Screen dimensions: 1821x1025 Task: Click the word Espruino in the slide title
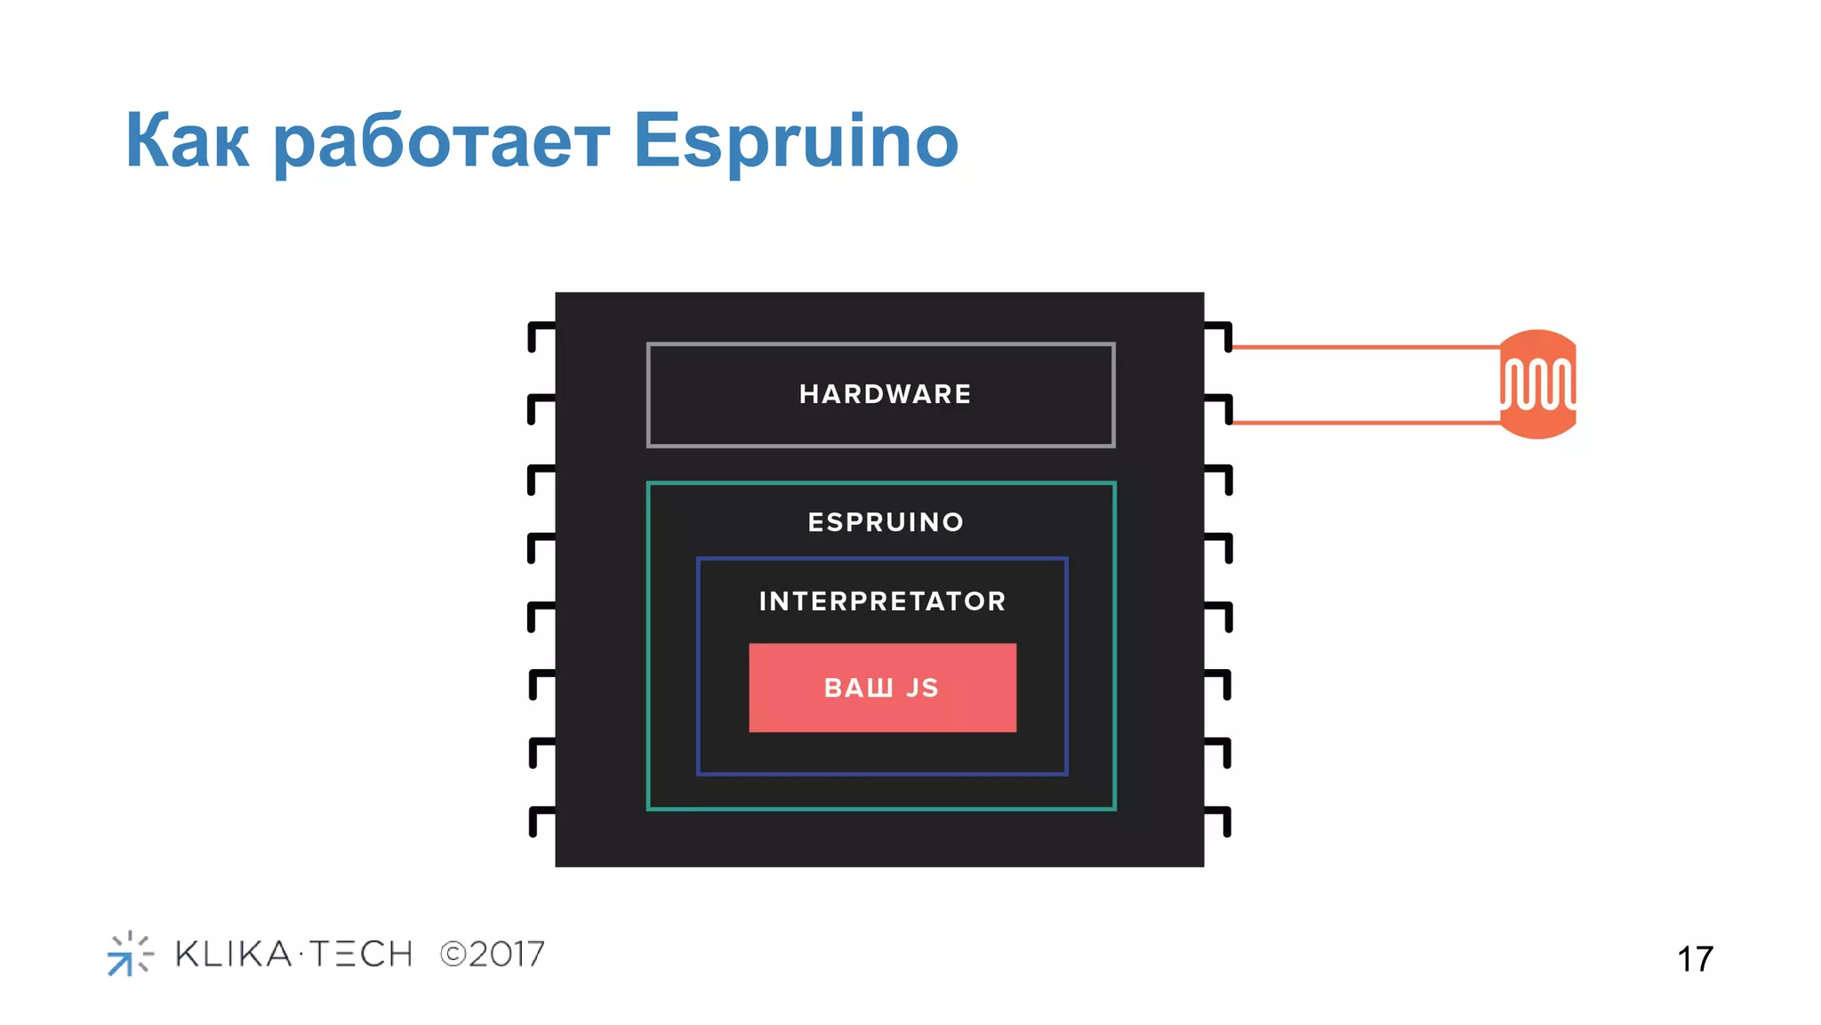tap(795, 141)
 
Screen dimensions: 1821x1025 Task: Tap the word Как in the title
tap(187, 141)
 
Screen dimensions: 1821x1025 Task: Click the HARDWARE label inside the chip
tap(885, 394)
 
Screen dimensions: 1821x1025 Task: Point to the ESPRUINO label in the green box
tap(886, 522)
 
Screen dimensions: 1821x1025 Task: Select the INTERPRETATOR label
tap(882, 601)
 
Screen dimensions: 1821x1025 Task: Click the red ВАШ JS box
tap(882, 688)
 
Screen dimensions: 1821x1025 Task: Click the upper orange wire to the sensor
tap(1365, 347)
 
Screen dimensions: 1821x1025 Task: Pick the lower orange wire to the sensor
tap(1365, 423)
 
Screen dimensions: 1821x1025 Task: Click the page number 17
tap(1695, 959)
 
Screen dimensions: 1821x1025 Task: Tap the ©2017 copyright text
tap(493, 955)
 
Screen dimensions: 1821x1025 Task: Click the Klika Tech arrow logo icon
tap(129, 954)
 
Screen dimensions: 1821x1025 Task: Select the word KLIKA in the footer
tap(234, 955)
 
